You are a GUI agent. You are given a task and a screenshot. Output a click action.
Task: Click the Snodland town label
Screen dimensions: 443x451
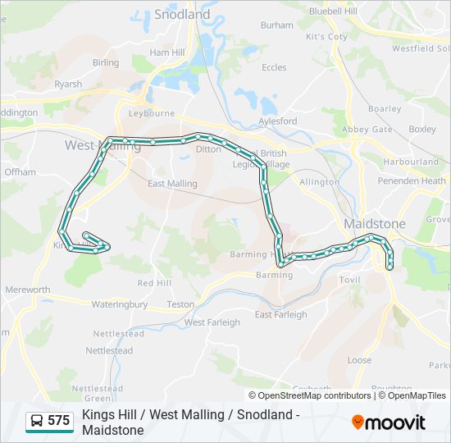(182, 14)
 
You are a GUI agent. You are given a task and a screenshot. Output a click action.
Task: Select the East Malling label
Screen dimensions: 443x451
(172, 184)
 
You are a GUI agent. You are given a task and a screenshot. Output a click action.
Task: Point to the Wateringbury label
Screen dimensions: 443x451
(120, 304)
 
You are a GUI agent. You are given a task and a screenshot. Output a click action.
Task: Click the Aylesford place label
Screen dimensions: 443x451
(277, 121)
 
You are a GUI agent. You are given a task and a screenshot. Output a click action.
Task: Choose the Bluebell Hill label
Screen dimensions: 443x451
(334, 11)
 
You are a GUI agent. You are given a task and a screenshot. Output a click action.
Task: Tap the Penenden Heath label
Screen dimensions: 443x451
(412, 180)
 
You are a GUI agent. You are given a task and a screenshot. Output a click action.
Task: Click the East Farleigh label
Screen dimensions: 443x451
(280, 314)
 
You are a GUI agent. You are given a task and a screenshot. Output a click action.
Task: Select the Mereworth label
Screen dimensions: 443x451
(28, 290)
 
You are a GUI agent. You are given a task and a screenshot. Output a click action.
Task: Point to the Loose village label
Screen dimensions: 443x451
(359, 360)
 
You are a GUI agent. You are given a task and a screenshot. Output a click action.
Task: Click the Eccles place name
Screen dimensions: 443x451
(274, 67)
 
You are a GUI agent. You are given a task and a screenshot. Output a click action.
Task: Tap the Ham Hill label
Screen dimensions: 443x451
(166, 52)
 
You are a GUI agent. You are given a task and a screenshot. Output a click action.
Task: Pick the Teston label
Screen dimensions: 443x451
(180, 304)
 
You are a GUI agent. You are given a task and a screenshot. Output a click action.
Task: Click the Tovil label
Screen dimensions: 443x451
(350, 280)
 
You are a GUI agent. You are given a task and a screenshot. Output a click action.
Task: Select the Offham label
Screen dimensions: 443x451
(20, 172)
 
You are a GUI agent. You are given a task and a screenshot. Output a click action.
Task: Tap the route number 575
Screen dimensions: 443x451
(58, 421)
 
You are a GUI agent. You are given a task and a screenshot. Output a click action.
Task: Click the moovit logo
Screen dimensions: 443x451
(389, 422)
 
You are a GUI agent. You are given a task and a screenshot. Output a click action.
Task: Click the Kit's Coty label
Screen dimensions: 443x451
(326, 37)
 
